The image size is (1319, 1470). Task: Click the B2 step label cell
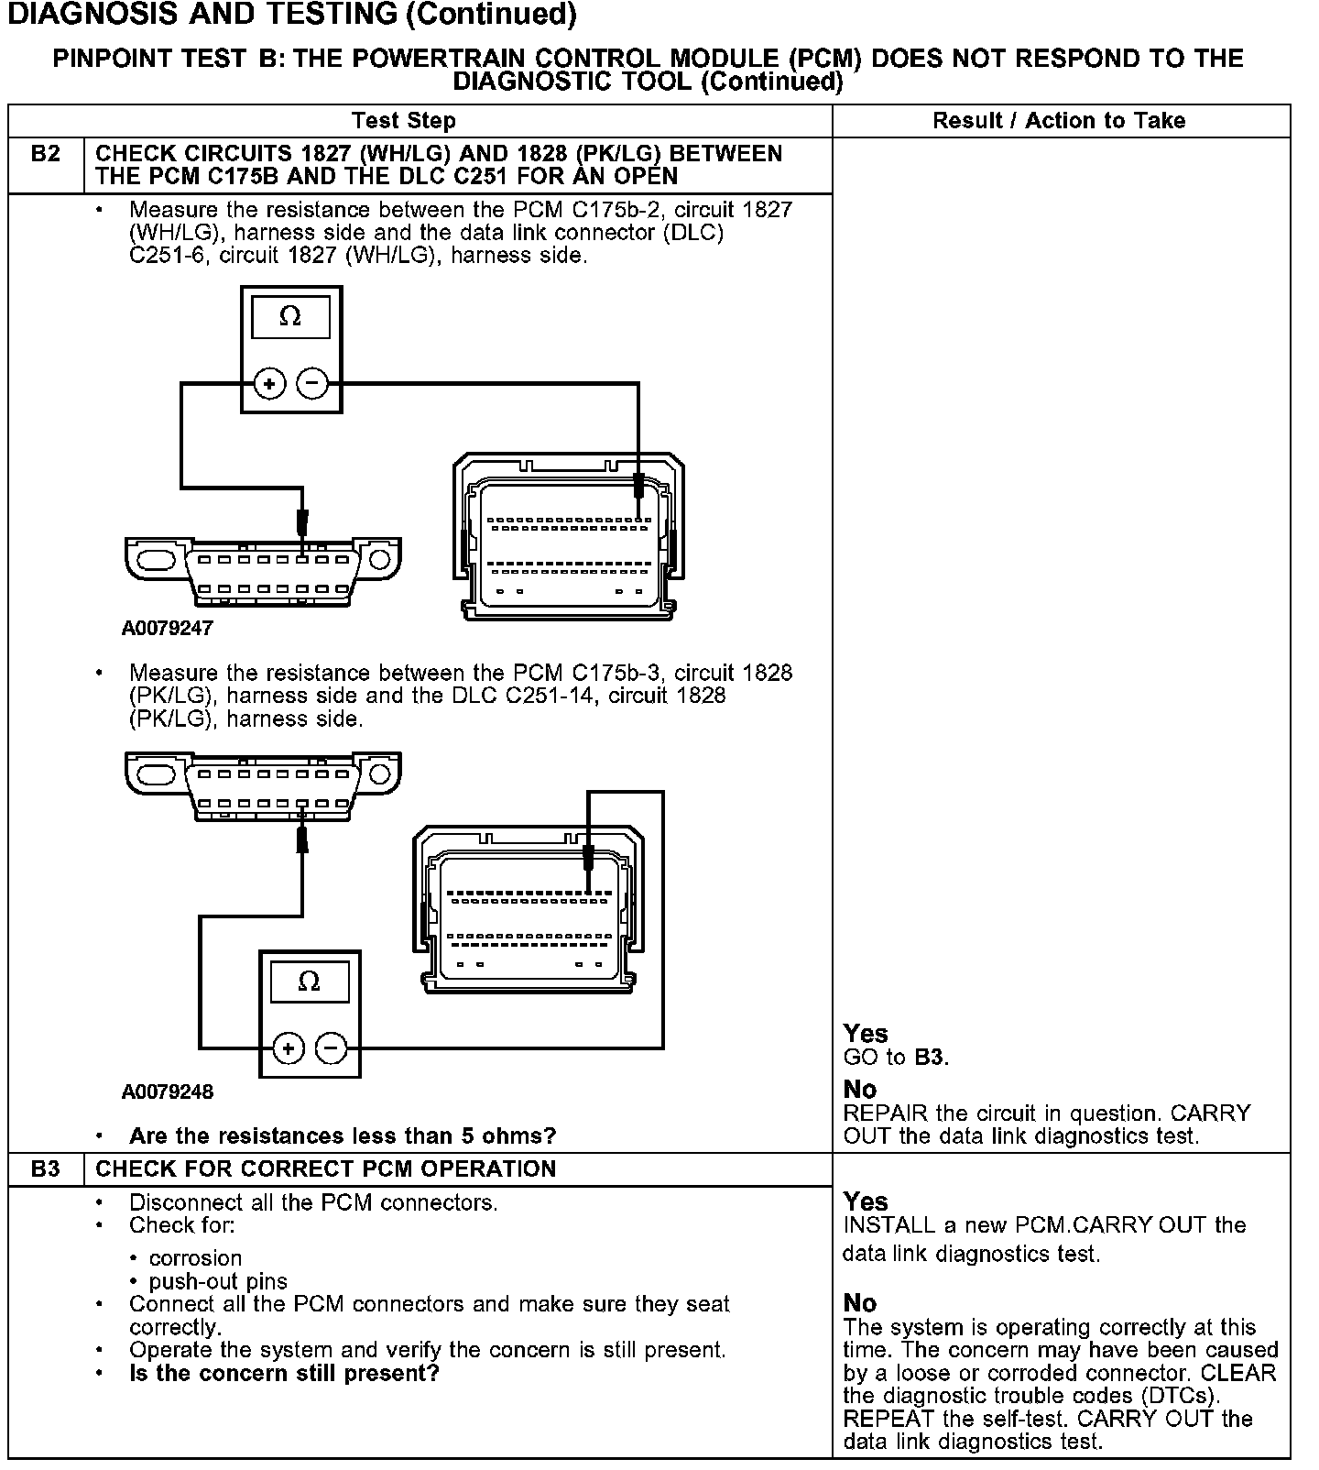coord(45,154)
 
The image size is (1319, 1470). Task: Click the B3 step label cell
coord(45,1169)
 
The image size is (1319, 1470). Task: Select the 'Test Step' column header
coord(403,121)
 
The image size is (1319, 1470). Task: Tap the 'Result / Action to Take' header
coord(1059,121)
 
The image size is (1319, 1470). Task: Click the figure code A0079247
coord(167,629)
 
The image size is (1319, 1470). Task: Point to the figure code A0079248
coord(167,1092)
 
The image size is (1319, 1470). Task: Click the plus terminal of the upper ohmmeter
coord(269,383)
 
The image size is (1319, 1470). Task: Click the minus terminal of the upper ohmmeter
coord(313,383)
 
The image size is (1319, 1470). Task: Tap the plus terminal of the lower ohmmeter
coord(289,1048)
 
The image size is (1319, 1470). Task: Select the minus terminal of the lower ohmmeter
coord(332,1048)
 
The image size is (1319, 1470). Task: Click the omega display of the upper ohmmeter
coord(290,317)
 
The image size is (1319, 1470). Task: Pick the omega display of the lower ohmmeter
coord(310,982)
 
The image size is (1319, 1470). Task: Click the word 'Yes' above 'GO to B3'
coord(866,1034)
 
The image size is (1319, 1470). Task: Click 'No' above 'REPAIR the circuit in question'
coord(860,1090)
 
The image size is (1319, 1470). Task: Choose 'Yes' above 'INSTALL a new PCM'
coord(866,1201)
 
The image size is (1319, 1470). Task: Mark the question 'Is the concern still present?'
coord(284,1374)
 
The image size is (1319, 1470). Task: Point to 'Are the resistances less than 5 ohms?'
coord(343,1136)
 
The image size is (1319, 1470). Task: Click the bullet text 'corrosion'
coord(195,1258)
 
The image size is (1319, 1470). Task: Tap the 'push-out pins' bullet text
coord(218,1281)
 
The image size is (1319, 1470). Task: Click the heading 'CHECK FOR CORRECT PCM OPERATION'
coord(326,1169)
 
